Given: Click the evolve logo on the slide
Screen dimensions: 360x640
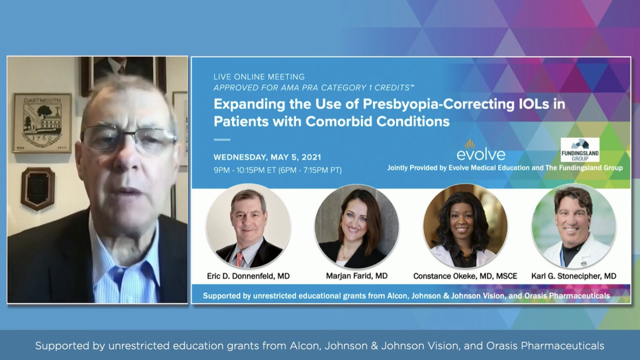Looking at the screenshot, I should click(x=480, y=150).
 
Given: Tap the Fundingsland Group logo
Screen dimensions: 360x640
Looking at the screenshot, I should click(x=579, y=150).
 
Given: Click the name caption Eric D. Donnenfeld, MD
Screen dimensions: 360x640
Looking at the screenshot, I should click(x=248, y=276).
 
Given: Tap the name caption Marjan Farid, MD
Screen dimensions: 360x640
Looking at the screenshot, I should click(x=357, y=276).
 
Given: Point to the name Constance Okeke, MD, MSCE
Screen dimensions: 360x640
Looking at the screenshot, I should click(x=465, y=276).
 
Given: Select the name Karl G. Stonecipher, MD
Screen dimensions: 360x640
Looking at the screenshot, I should click(x=574, y=276).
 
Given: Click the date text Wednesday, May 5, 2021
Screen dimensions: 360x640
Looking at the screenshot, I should click(x=267, y=157).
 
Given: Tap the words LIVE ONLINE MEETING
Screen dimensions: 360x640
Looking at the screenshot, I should click(x=259, y=76).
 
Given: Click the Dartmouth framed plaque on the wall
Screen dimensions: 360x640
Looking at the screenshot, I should click(x=42, y=123).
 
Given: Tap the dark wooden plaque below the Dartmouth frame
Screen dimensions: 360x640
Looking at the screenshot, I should click(x=38, y=188).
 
